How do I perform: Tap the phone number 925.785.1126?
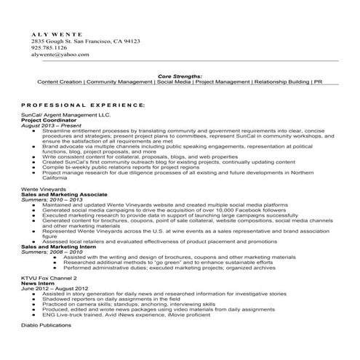49,48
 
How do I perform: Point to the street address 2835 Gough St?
52,41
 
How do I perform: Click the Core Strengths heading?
180,76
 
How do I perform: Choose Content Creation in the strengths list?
60,82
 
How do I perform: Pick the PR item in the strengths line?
317,82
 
